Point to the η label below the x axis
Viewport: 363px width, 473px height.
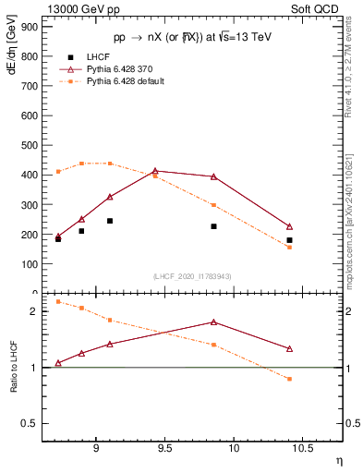pos(338,460)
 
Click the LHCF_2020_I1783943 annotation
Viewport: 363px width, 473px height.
pos(192,275)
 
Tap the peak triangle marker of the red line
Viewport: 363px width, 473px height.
pos(155,171)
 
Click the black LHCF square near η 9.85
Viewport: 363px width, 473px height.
pos(213,226)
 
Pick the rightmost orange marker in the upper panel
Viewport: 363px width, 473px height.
pos(289,247)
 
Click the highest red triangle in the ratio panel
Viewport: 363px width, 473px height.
pos(213,321)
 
